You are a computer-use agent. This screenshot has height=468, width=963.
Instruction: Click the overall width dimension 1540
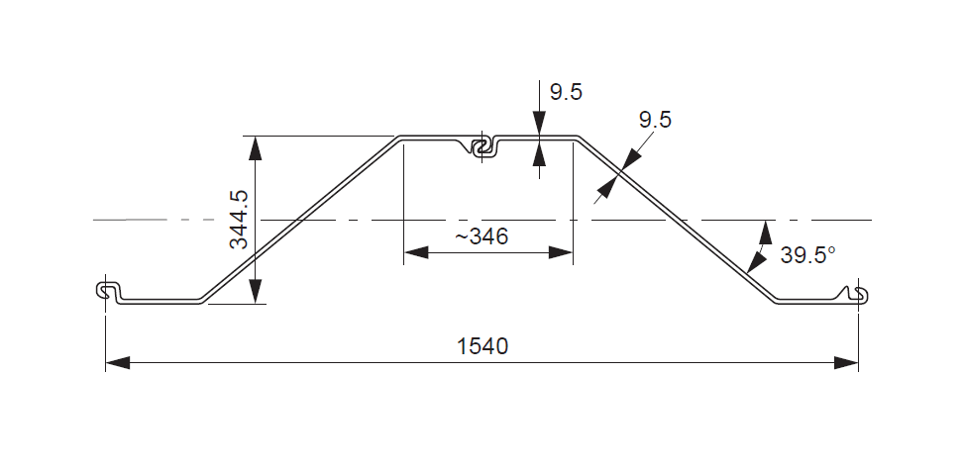click(481, 347)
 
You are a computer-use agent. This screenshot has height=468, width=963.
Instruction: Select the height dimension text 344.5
click(238, 220)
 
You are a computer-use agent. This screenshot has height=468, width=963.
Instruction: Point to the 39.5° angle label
click(807, 254)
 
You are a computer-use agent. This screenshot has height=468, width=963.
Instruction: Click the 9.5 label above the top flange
click(566, 93)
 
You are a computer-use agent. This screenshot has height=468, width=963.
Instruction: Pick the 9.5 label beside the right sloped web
click(655, 121)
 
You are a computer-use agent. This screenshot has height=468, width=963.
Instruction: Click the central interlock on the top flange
click(482, 147)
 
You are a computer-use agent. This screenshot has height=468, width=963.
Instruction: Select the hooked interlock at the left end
click(110, 291)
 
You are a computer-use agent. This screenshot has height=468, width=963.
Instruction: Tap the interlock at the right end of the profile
click(857, 294)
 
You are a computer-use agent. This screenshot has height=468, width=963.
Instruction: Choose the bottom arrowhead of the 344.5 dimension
click(256, 291)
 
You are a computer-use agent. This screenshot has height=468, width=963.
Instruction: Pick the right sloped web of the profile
click(674, 220)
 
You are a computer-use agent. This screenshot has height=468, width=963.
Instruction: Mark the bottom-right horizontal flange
click(807, 300)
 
